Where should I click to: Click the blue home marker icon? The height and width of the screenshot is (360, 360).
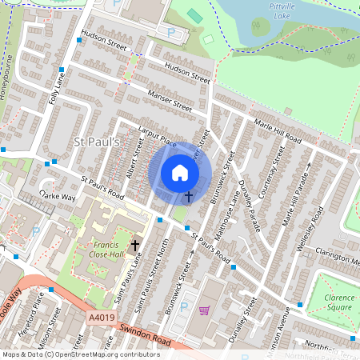(x=180, y=173)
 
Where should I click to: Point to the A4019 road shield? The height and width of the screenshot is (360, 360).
(x=100, y=318)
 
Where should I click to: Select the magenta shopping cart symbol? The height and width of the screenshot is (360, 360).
(x=204, y=310)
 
